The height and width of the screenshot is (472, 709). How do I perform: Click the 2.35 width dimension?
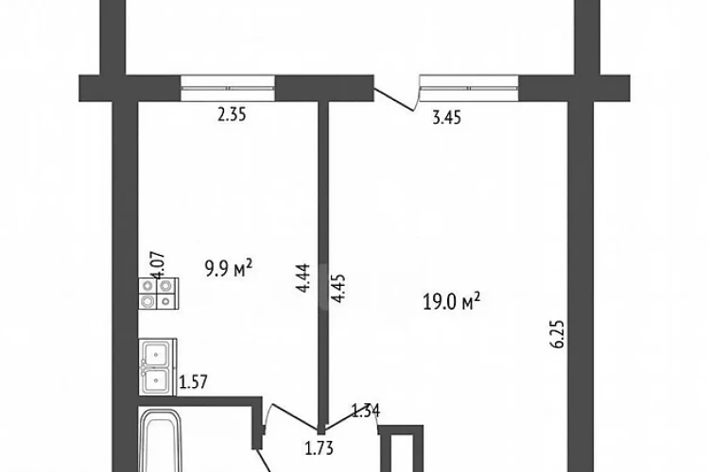click(232, 115)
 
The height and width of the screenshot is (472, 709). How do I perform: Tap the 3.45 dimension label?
click(447, 117)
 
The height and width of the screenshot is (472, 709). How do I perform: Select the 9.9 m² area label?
click(229, 269)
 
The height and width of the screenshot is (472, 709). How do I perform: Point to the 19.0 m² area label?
click(451, 302)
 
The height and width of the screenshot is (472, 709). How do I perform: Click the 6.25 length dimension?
click(558, 334)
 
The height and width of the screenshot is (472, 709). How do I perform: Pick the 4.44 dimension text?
click(303, 278)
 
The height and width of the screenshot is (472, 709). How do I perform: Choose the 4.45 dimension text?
click(338, 288)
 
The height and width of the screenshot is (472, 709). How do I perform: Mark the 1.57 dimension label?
click(194, 382)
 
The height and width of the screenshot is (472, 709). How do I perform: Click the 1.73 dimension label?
click(320, 448)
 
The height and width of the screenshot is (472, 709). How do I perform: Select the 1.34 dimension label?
click(366, 411)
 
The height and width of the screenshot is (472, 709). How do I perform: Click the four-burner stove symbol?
click(158, 294)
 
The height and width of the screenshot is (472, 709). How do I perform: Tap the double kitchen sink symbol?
click(157, 367)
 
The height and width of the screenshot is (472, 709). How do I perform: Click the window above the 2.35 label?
click(228, 88)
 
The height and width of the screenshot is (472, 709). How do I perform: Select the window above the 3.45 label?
click(469, 88)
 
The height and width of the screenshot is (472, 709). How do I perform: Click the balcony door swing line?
click(393, 99)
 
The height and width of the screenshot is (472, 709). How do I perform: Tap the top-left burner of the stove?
click(147, 286)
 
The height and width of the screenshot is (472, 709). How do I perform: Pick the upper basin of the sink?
click(156, 353)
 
